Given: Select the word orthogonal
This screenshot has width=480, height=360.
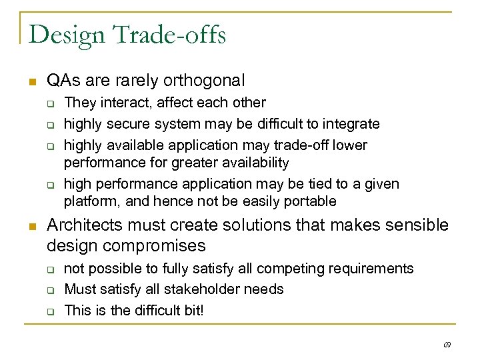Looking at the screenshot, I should [205, 81].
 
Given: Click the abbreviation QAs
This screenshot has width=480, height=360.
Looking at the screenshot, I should [63, 81].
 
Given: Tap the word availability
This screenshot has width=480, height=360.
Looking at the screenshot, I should [256, 162].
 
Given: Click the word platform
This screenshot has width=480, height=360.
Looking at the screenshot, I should [87, 201].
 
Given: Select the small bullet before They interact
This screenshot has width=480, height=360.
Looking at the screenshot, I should [50, 103].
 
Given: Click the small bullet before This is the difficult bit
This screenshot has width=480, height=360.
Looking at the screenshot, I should [50, 311].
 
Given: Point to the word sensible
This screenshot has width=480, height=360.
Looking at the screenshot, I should [419, 226].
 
